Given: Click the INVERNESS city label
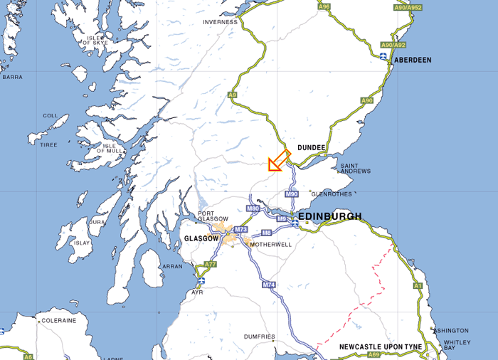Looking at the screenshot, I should click(220, 22).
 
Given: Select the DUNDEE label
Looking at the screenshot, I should click(312, 148).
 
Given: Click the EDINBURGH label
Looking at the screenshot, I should click(329, 216).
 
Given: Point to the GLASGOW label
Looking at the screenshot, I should click(201, 239).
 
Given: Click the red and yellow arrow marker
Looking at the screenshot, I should click(279, 162).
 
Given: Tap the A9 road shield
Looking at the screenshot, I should click(232, 95).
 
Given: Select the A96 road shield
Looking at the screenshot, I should click(324, 6).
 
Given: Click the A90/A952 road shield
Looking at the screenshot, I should click(408, 8).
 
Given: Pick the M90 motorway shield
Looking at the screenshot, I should click(292, 194).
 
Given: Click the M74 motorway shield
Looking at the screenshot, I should click(268, 285).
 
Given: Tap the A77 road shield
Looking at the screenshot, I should click(210, 264).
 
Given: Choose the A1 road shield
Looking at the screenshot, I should click(418, 285).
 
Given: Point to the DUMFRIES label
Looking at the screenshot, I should click(258, 337).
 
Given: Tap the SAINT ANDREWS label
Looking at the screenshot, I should click(355, 169).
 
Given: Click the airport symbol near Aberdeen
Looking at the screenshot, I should click(383, 55).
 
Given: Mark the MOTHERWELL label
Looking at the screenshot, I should click(271, 244).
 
